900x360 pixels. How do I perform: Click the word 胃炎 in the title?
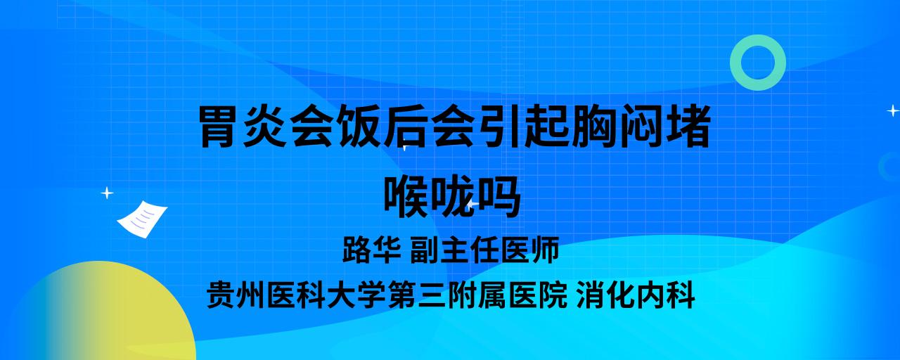243,127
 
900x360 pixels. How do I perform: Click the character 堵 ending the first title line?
688,127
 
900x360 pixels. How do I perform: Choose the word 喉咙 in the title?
429,196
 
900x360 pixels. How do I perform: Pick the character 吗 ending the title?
499,196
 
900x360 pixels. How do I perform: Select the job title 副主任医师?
484,250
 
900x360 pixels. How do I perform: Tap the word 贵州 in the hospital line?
236,295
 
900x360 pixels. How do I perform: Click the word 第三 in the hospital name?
417,295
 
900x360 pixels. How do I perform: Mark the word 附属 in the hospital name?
477,295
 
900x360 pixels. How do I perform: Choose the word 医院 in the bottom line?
538,295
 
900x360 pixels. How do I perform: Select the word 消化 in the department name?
605,295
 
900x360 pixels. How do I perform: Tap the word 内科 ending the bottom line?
665,295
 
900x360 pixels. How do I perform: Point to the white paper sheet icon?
142,219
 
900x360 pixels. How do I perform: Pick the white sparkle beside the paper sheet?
107,193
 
